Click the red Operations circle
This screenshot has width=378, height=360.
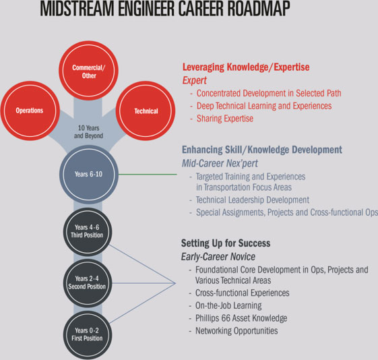[30, 111]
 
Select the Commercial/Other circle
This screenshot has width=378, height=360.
[88, 71]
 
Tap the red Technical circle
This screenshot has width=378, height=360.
[146, 111]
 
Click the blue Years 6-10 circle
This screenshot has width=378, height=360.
[89, 174]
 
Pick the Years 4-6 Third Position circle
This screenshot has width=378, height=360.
[88, 231]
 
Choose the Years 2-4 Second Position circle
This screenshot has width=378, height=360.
[88, 283]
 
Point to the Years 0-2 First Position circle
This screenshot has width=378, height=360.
[88, 334]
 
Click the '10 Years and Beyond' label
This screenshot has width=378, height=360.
[88, 132]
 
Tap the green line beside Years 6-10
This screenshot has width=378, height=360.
[148, 174]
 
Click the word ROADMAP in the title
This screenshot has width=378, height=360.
[259, 9]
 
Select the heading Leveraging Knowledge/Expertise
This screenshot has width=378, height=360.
[246, 67]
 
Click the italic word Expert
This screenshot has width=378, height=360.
[195, 80]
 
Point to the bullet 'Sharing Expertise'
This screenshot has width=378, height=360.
[225, 119]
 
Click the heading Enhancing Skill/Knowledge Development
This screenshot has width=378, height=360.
[262, 150]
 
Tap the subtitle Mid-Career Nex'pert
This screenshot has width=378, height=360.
[220, 163]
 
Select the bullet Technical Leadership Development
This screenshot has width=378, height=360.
[253, 200]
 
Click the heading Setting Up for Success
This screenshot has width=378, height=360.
[226, 243]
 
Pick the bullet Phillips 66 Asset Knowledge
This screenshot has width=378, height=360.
[241, 318]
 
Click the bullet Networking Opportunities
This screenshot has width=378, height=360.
[237, 330]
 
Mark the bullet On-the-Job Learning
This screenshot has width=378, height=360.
[228, 305]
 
